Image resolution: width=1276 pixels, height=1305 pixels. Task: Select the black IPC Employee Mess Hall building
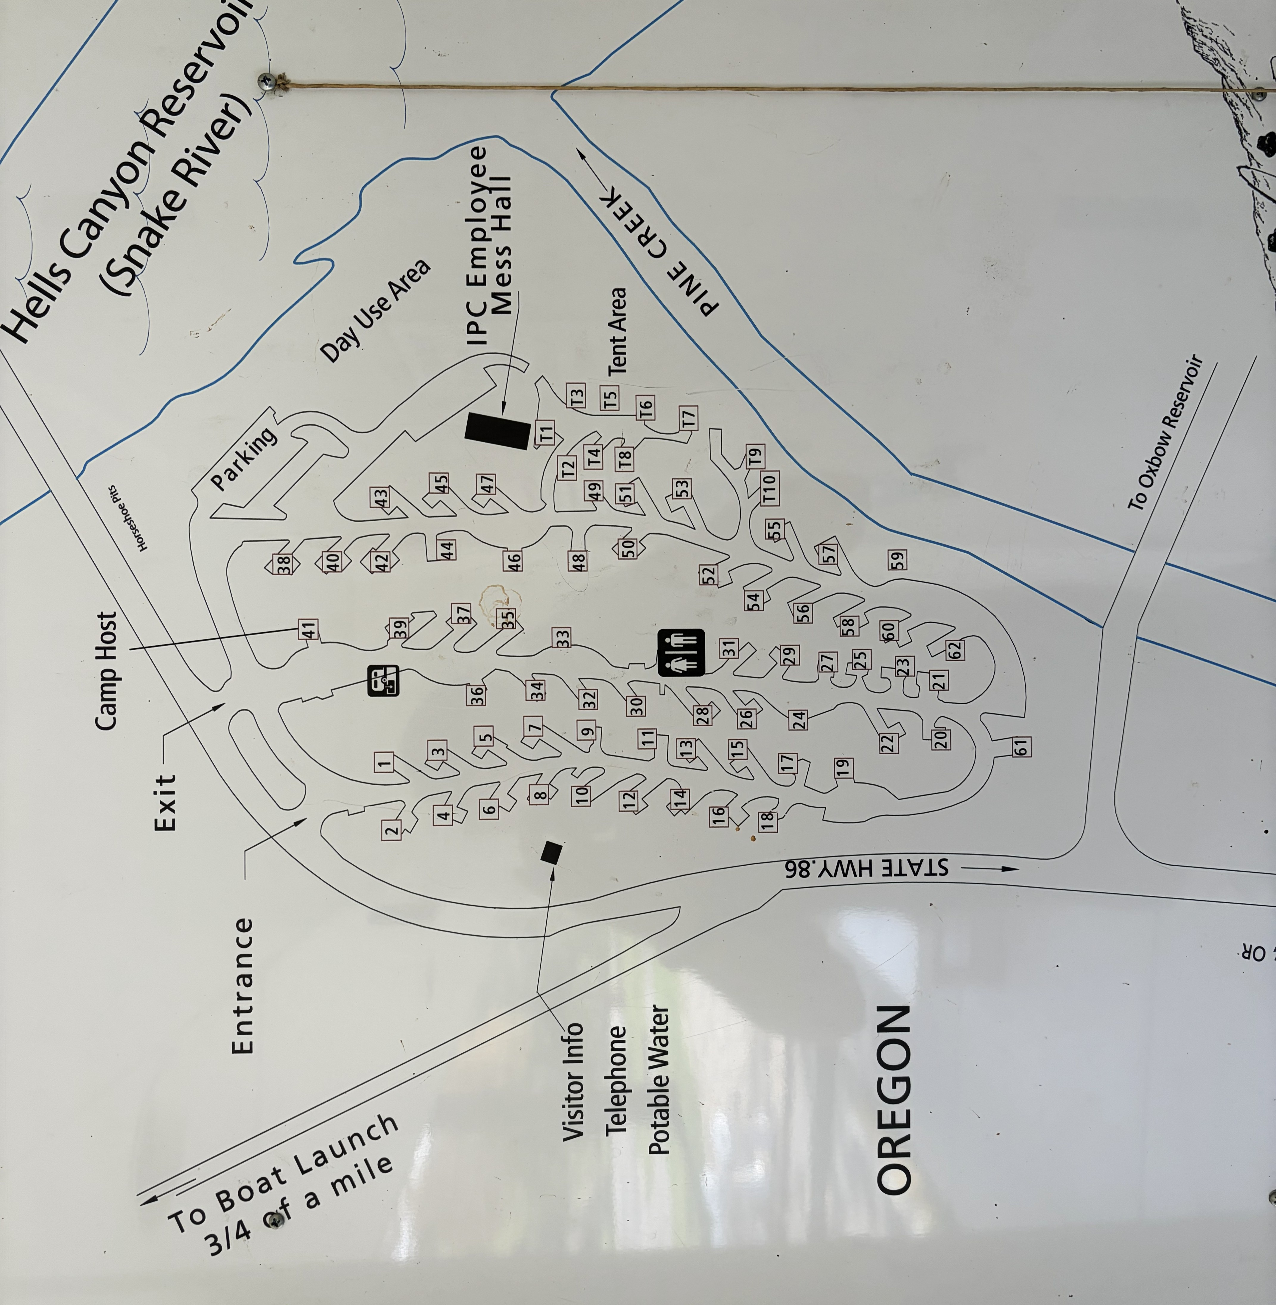coord(498,431)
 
